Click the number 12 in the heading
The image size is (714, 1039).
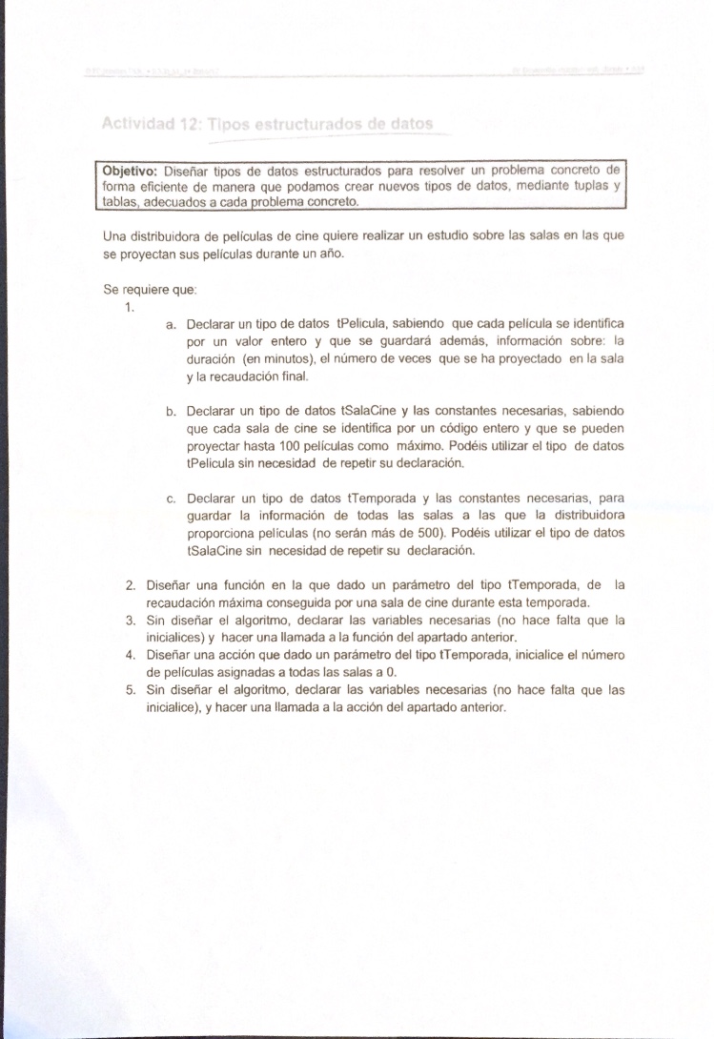click(191, 124)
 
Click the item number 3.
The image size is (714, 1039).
click(130, 620)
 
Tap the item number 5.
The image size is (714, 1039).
click(130, 690)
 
